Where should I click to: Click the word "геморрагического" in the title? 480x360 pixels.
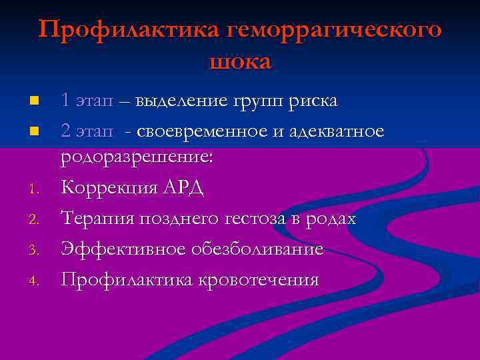coord(335,31)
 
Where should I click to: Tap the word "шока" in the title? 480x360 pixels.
coord(240,61)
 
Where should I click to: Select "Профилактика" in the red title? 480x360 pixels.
coord(129,30)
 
